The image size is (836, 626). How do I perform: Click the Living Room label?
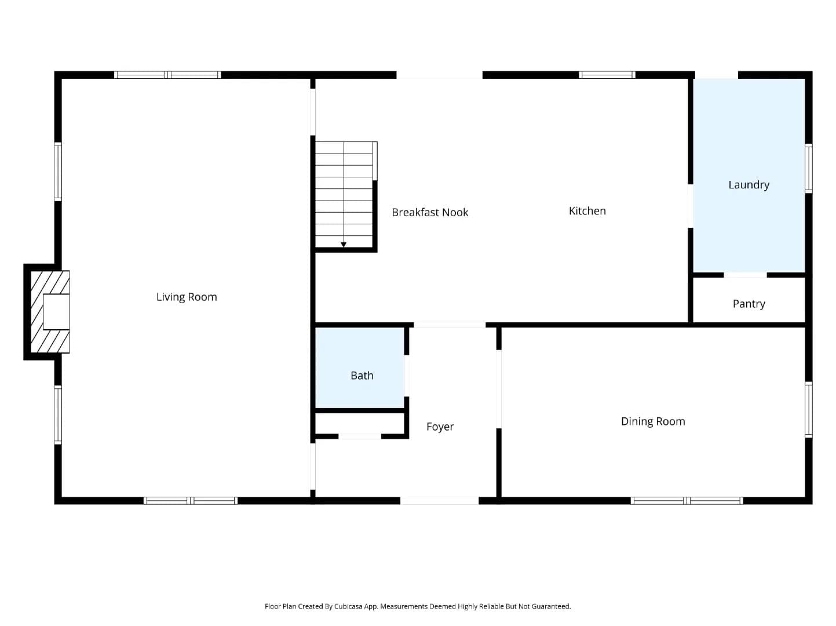click(186, 297)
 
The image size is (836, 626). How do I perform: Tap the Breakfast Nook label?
click(430, 212)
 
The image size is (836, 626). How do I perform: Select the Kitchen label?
click(587, 211)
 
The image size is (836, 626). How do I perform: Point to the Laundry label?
click(749, 185)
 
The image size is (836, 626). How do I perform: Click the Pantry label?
click(749, 304)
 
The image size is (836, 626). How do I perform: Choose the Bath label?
click(362, 376)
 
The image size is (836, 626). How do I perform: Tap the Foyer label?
click(440, 427)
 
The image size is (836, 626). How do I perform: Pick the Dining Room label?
click(653, 421)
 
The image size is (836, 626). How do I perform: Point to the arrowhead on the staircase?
click(343, 245)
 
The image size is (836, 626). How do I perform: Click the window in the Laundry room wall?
click(808, 169)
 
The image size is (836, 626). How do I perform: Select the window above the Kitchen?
click(607, 75)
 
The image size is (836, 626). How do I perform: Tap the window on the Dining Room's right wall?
click(808, 410)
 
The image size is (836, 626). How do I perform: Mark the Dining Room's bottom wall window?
click(687, 501)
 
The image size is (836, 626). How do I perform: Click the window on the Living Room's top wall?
click(167, 75)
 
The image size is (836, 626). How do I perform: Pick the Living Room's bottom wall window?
click(191, 501)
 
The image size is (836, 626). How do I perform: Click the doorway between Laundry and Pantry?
click(745, 275)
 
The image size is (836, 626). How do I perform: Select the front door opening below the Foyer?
click(439, 501)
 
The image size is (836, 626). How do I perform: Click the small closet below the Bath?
click(360, 423)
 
